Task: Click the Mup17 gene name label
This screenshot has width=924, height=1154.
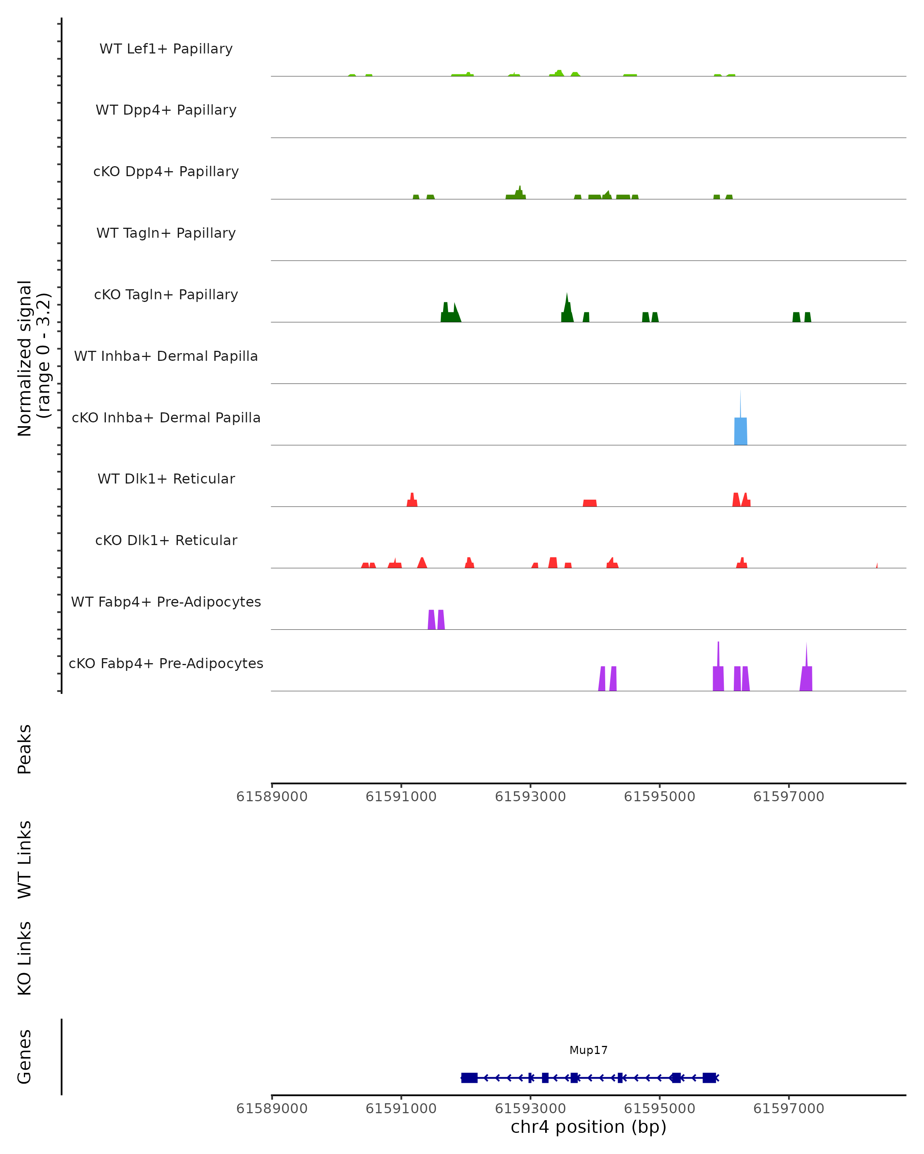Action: pyautogui.click(x=588, y=1050)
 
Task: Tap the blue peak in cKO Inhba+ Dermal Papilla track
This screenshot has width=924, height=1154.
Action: pyautogui.click(x=740, y=431)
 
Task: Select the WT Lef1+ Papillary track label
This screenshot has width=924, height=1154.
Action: pyautogui.click(x=166, y=49)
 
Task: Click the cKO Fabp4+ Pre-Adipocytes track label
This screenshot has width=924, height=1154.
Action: pyautogui.click(x=166, y=663)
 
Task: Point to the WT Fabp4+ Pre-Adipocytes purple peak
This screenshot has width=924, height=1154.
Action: pyautogui.click(x=436, y=620)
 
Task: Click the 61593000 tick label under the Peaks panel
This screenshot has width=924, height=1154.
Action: pyautogui.click(x=530, y=797)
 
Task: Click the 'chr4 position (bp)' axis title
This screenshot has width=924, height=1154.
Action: pyautogui.click(x=588, y=1127)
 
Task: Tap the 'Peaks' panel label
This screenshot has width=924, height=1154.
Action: pyautogui.click(x=25, y=749)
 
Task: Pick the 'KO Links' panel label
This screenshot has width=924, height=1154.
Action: pyautogui.click(x=25, y=959)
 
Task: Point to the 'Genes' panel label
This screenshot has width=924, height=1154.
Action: pyautogui.click(x=25, y=1057)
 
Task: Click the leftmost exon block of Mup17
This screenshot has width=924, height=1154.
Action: pyautogui.click(x=469, y=1077)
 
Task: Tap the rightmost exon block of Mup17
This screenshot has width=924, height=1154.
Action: pyautogui.click(x=709, y=1077)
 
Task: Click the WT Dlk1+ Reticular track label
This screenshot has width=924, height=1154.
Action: pyautogui.click(x=166, y=479)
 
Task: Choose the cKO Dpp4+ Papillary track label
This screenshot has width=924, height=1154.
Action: pyautogui.click(x=166, y=171)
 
